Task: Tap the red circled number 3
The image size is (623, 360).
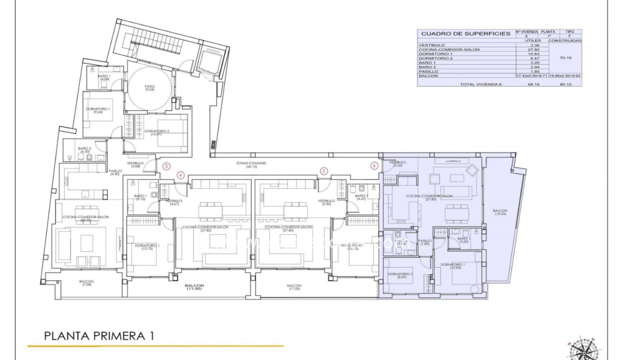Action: (x=166, y=166)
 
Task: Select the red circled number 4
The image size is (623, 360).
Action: (x=181, y=175)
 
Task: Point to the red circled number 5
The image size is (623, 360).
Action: (x=323, y=171)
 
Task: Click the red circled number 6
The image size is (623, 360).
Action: (x=374, y=166)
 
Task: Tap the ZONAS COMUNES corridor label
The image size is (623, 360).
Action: (x=252, y=164)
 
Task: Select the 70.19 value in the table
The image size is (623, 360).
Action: (x=566, y=58)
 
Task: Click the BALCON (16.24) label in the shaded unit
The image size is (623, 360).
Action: (x=500, y=212)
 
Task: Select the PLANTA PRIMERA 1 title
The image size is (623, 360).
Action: (x=99, y=336)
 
